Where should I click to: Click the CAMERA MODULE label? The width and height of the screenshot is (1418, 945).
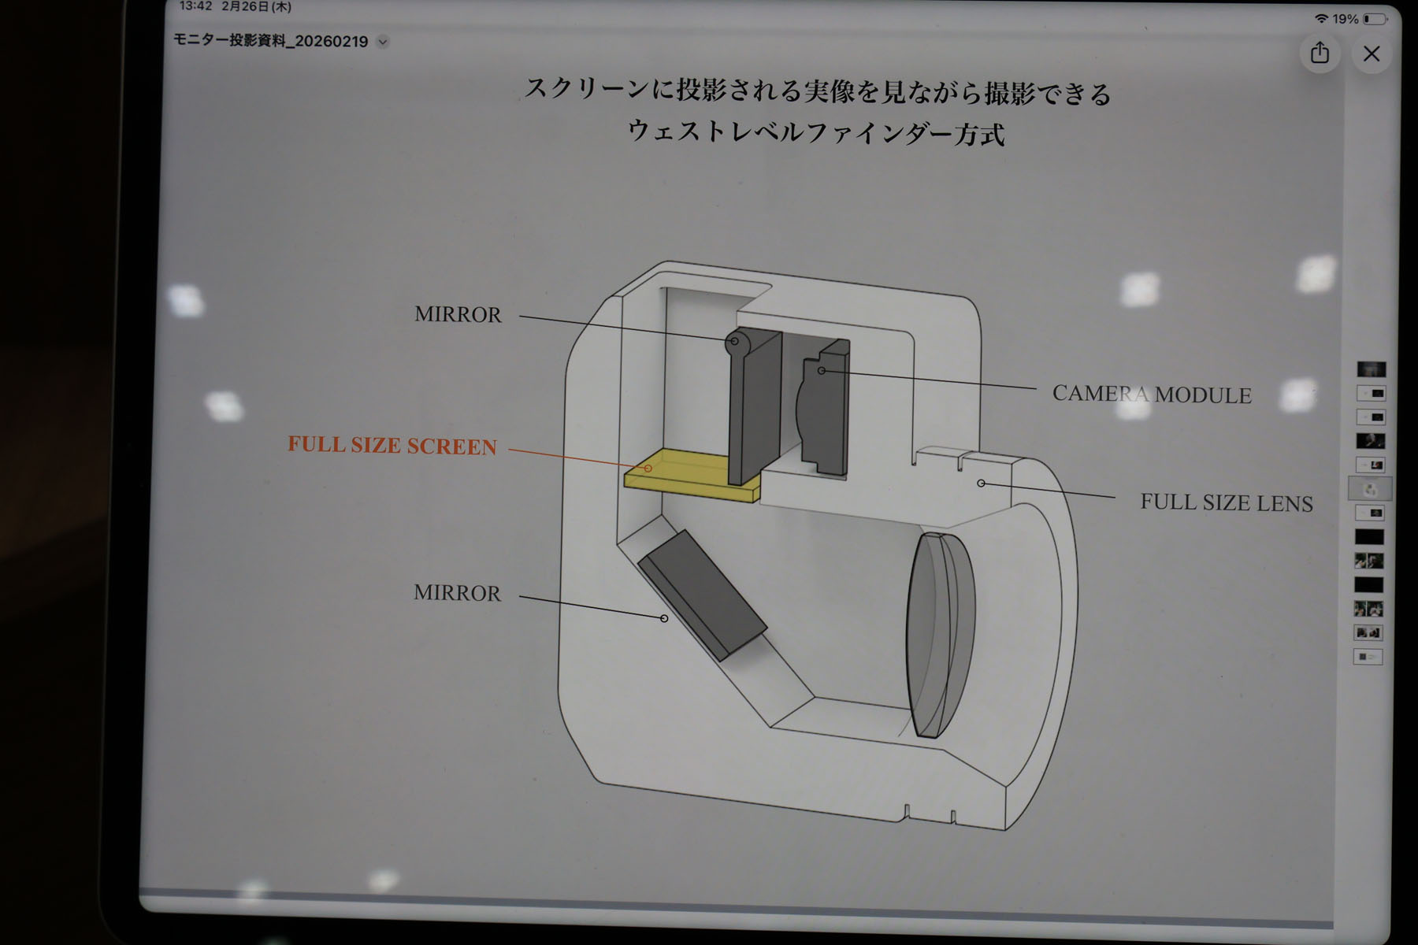[x=1152, y=394]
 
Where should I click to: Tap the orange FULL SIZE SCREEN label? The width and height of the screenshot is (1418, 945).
[x=392, y=445]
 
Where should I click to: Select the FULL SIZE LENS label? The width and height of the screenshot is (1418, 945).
[x=1227, y=502]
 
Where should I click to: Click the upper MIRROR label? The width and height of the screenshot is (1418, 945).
[x=458, y=314]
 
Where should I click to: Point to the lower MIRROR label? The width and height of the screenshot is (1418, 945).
[x=457, y=592]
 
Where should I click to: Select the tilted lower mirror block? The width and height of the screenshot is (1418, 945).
[x=701, y=595]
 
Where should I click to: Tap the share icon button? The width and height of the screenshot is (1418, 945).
[x=1320, y=53]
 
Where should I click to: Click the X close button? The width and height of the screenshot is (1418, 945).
[x=1372, y=54]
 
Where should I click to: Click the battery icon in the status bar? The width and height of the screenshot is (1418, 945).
[x=1375, y=18]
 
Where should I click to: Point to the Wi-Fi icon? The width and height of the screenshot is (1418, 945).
[x=1321, y=18]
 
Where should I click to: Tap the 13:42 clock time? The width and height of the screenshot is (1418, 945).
[x=196, y=6]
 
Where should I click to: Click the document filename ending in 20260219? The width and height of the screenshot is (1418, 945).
[x=271, y=41]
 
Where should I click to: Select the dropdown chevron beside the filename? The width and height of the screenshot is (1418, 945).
[x=383, y=42]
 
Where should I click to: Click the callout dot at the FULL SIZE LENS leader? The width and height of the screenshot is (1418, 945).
[x=981, y=483]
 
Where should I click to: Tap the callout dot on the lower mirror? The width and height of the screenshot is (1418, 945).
[x=664, y=618]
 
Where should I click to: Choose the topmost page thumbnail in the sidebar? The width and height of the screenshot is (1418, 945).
[x=1371, y=369]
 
